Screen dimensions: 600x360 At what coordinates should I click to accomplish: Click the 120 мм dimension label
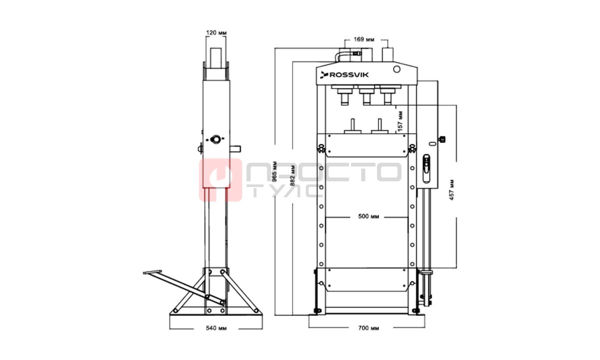click(216, 32)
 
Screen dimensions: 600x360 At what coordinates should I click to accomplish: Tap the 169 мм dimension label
click(364, 39)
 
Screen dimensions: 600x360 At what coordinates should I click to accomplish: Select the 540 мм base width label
click(216, 328)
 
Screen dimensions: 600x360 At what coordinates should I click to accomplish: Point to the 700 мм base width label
click(368, 328)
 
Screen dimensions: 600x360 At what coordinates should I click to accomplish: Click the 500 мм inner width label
click(368, 216)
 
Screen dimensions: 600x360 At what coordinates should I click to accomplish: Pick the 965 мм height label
click(274, 171)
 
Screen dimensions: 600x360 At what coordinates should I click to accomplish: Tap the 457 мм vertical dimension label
click(451, 189)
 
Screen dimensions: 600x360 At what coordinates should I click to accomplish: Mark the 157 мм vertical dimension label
click(400, 121)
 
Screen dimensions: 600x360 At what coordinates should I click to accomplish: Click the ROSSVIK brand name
click(349, 75)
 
